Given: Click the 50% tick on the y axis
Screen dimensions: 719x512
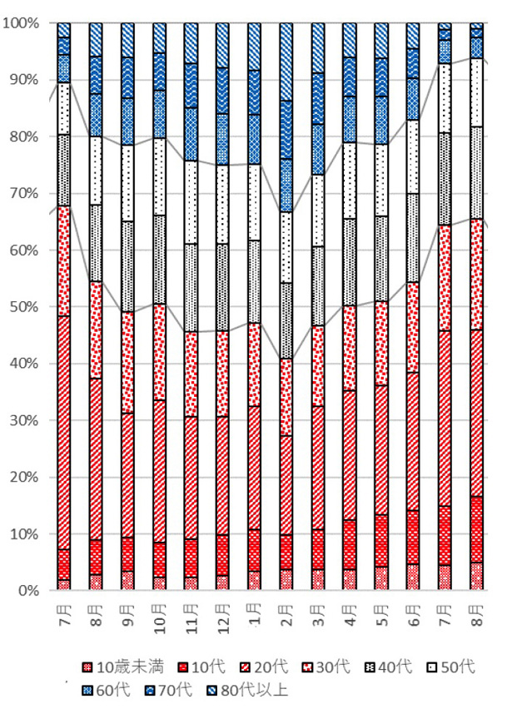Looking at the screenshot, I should [x=23, y=306].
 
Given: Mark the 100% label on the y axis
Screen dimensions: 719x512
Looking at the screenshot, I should [x=20, y=23].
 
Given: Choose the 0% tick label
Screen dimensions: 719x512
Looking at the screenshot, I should [x=27, y=590].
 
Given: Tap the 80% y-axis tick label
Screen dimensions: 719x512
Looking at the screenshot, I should [x=23, y=136].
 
